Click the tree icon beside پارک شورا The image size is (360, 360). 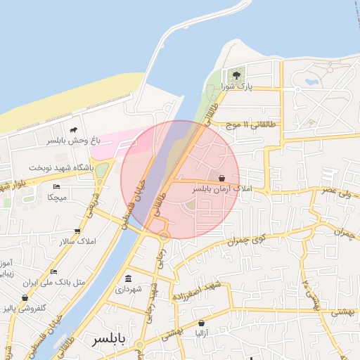click(236, 75)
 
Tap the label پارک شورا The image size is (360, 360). click(236, 86)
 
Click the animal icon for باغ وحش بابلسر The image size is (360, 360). click(73, 130)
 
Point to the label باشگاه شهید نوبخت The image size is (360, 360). click(61, 168)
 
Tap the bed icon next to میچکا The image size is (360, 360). click(56, 186)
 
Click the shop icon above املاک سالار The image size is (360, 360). click(77, 231)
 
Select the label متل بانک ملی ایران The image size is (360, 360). click(60, 283)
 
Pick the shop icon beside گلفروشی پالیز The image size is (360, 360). click(25, 297)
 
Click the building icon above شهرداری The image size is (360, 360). click(128, 278)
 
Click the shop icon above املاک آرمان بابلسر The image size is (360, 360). click(222, 179)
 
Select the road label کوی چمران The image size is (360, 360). click(243, 241)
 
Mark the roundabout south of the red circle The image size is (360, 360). click(163, 235)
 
